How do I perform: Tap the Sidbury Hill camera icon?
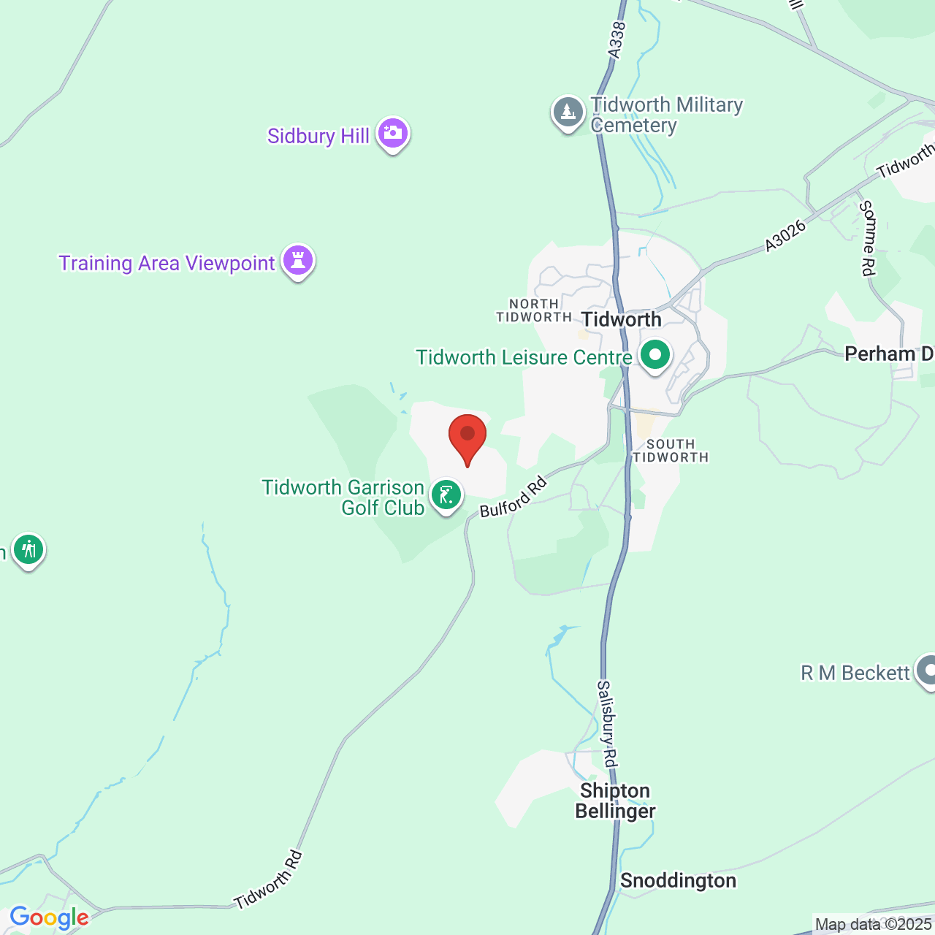(x=393, y=134)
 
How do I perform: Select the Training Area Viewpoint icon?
(x=297, y=261)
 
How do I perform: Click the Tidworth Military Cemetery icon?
(x=568, y=113)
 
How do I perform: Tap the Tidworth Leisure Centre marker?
(x=654, y=356)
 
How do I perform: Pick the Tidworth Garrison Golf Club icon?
(x=446, y=496)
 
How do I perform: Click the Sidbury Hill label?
(x=318, y=136)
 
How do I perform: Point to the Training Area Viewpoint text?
(x=167, y=263)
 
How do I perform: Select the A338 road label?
(x=617, y=40)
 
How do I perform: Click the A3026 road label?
(x=785, y=236)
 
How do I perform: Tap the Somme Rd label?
(x=867, y=239)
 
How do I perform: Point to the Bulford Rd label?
(x=513, y=497)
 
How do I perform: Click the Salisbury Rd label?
(x=608, y=723)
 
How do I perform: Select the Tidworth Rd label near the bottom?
(x=268, y=879)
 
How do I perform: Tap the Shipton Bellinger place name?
(x=615, y=801)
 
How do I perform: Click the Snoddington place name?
(x=678, y=880)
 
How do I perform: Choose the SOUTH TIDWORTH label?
(x=670, y=451)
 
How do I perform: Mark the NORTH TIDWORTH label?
(x=534, y=310)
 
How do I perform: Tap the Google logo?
(x=49, y=917)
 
